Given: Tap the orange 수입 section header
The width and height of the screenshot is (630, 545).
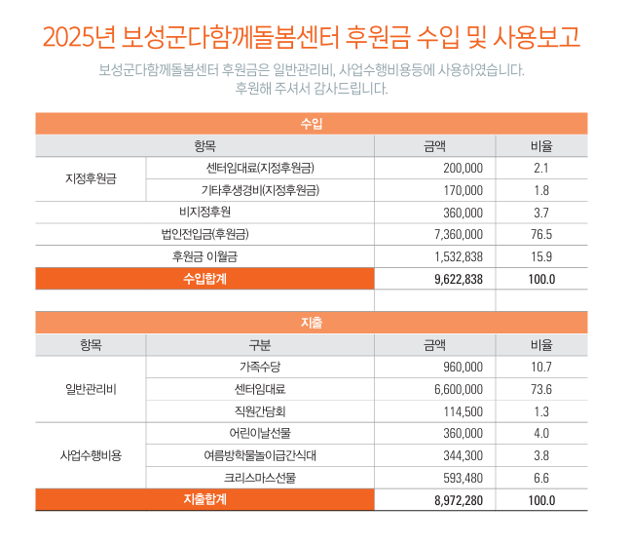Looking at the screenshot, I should [x=312, y=124].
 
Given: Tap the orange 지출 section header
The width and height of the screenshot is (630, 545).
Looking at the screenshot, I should [x=312, y=322].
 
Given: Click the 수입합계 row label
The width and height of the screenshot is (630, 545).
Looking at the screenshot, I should [x=204, y=279].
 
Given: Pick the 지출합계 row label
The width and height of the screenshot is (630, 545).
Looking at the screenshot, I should [x=204, y=500].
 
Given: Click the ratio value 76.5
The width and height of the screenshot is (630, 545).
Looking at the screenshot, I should [x=541, y=234].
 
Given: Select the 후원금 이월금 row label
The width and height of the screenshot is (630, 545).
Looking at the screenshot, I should [x=204, y=256].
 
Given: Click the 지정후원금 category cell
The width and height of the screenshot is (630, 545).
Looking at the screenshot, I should [x=91, y=178].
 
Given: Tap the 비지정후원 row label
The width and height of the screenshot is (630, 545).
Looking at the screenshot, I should [x=204, y=212].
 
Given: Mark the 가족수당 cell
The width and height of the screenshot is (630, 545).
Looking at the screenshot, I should [x=259, y=367].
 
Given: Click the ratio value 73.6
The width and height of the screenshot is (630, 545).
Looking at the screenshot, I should [x=541, y=389].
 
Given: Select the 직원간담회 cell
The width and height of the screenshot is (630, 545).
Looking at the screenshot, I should [x=259, y=411].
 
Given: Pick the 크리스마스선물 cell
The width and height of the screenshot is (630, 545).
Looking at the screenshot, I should [x=259, y=478].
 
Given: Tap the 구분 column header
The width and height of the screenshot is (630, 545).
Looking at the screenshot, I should [x=259, y=344].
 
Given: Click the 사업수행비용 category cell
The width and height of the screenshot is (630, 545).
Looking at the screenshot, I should [x=91, y=455].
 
